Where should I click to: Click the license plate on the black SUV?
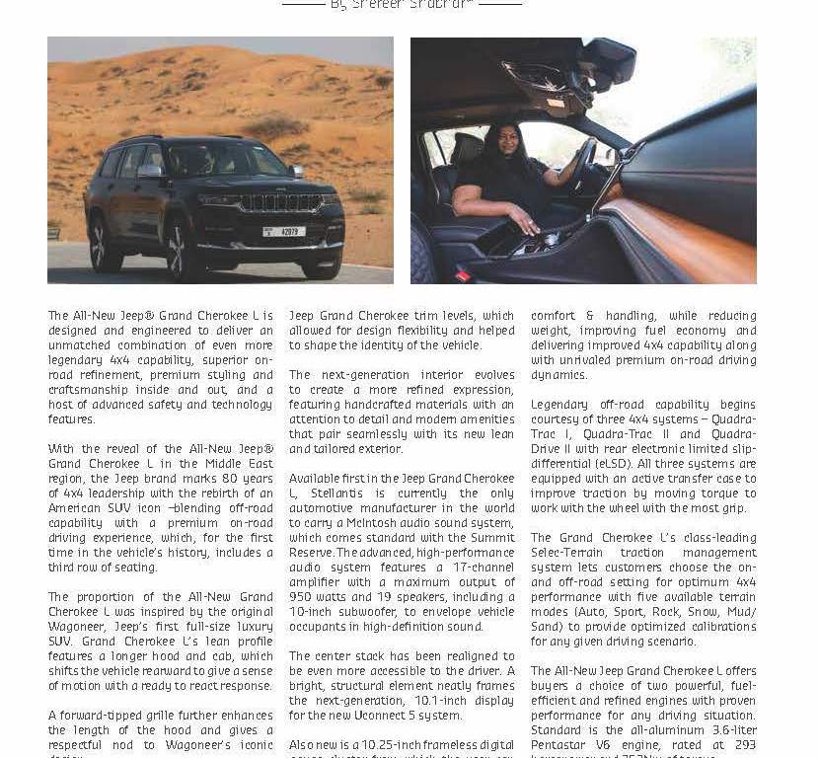tap(283, 232)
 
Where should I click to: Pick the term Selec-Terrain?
tap(562, 553)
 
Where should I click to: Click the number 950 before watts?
tap(303, 582)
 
